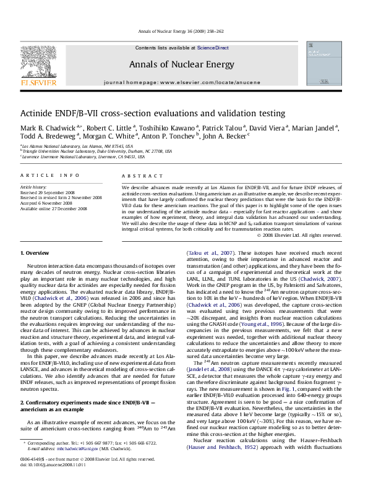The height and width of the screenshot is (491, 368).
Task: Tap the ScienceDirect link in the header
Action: click(x=213, y=48)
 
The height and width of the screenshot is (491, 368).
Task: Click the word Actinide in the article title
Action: click(x=39, y=113)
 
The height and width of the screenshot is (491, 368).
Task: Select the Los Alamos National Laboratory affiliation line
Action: click(x=77, y=146)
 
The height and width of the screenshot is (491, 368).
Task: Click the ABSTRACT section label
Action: click(x=137, y=176)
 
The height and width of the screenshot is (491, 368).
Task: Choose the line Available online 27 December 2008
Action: click(x=54, y=208)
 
